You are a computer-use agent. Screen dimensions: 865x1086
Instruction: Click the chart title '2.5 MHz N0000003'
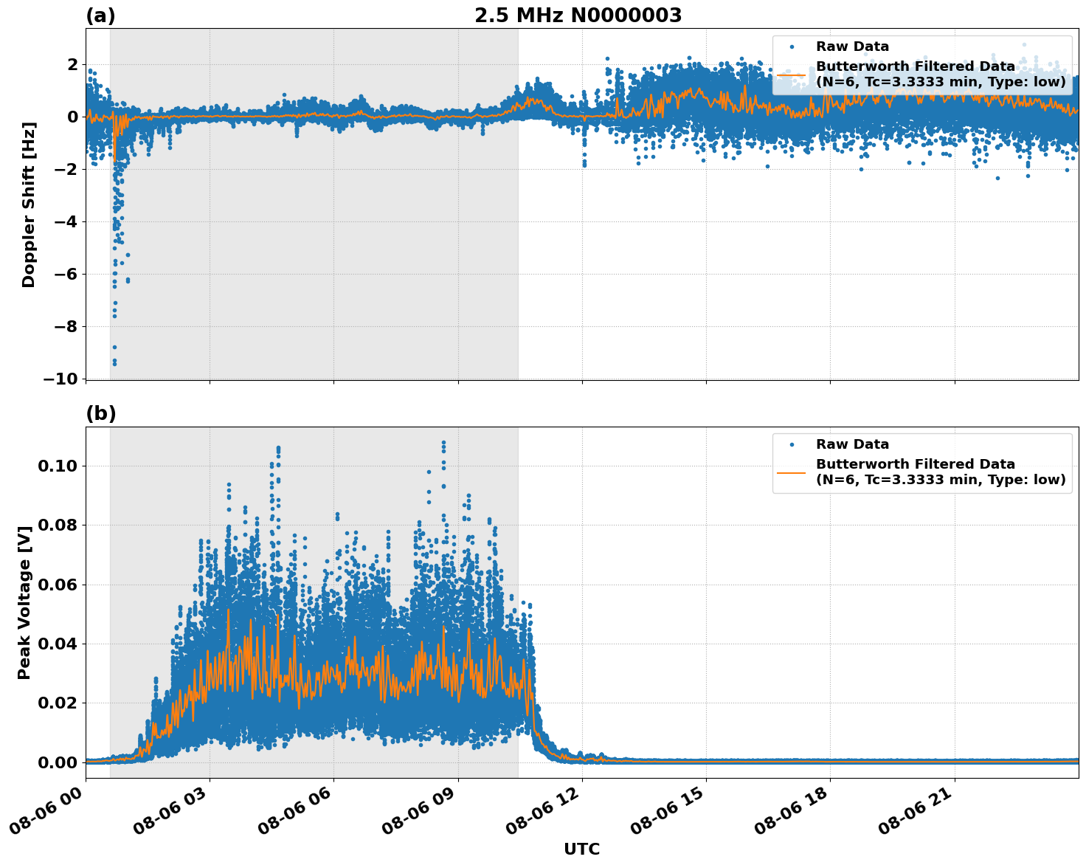click(x=578, y=15)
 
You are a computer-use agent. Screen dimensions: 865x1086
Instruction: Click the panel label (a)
click(x=100, y=15)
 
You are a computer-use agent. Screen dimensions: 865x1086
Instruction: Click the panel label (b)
click(x=100, y=414)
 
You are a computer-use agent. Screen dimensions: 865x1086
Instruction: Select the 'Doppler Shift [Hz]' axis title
click(x=29, y=204)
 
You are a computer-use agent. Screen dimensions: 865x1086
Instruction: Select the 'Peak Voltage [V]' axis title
click(x=24, y=602)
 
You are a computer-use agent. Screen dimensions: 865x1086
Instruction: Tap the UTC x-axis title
click(x=581, y=849)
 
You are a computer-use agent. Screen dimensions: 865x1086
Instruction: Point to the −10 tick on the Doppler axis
click(x=60, y=379)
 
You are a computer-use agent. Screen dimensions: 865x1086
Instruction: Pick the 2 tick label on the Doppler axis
click(x=72, y=65)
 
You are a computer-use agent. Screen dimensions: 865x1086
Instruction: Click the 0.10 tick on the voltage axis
click(x=59, y=466)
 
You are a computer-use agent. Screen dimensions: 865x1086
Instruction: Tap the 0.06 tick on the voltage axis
click(x=59, y=585)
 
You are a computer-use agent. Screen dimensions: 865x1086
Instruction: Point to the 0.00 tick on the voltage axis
click(x=59, y=762)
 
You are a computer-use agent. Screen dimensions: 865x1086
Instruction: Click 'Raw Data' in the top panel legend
click(x=852, y=47)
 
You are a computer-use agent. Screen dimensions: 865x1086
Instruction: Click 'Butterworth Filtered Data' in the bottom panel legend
click(x=915, y=464)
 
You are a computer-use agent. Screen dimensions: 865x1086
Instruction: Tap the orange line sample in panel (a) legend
click(x=792, y=75)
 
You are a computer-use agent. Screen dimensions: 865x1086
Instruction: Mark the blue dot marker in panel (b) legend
click(x=792, y=445)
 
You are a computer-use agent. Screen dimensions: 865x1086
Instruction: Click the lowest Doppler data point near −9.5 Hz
click(x=114, y=363)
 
